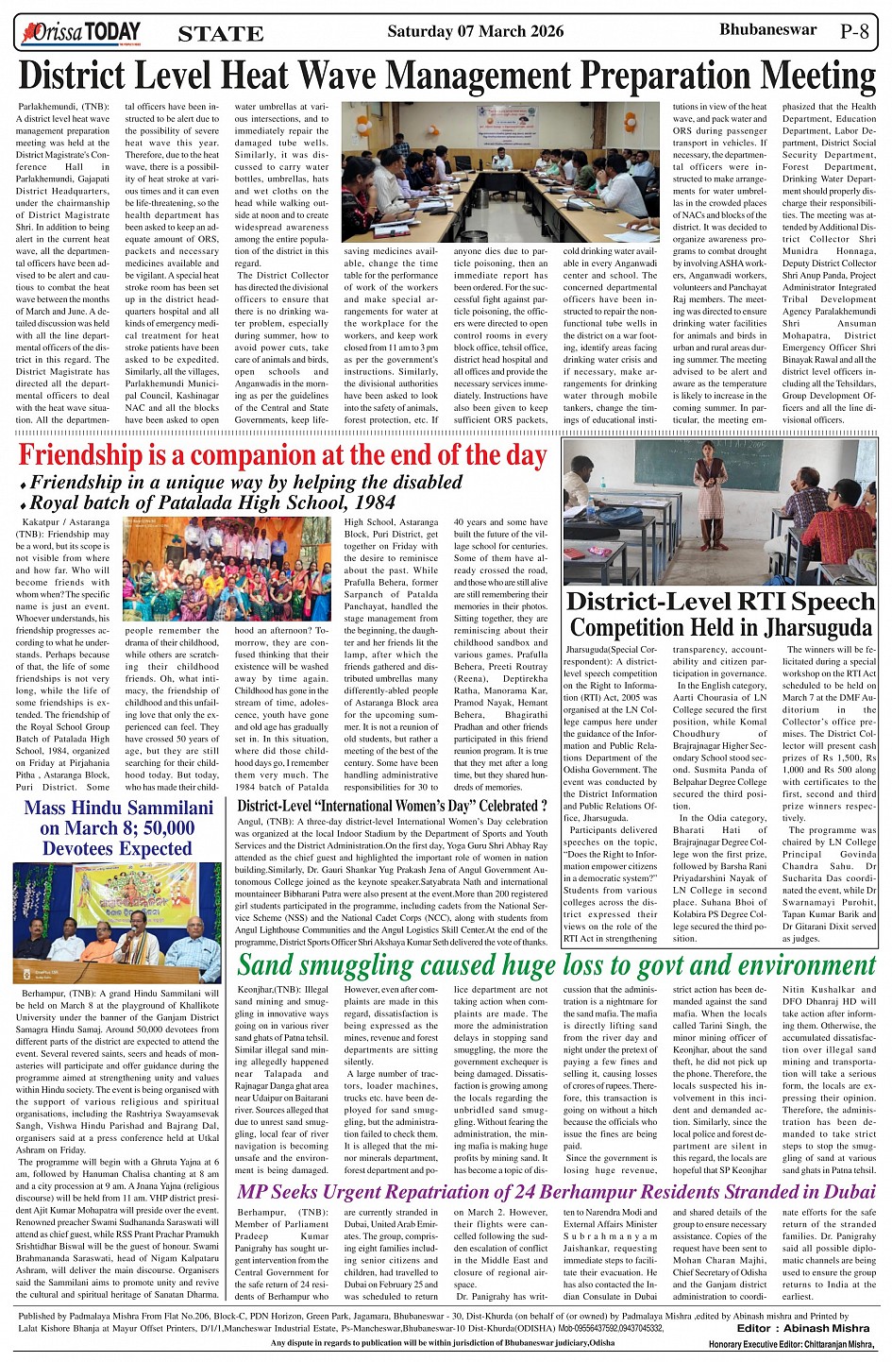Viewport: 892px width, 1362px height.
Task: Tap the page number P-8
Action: pyautogui.click(x=859, y=31)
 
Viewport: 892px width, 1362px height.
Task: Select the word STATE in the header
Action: pyautogui.click(x=220, y=35)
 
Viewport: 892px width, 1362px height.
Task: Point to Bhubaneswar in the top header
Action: pyautogui.click(x=767, y=29)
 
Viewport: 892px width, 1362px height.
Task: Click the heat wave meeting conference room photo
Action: pyautogui.click(x=499, y=171)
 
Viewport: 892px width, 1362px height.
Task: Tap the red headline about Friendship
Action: pyautogui.click(x=282, y=454)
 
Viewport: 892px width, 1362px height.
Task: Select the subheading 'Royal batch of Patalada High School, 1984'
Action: pyautogui.click(x=212, y=502)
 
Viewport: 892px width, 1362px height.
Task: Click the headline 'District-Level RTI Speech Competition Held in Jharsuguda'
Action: pyautogui.click(x=720, y=614)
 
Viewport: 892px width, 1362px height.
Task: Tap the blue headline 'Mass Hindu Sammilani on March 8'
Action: pyautogui.click(x=118, y=828)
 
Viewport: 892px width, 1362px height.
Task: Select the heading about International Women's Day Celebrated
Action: pyautogui.click(x=392, y=806)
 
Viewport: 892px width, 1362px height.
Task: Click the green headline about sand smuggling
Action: pyautogui.click(x=557, y=965)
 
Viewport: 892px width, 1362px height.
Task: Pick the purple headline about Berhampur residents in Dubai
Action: pyautogui.click(x=557, y=1192)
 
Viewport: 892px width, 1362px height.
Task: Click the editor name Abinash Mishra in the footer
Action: pyautogui.click(x=824, y=1328)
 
